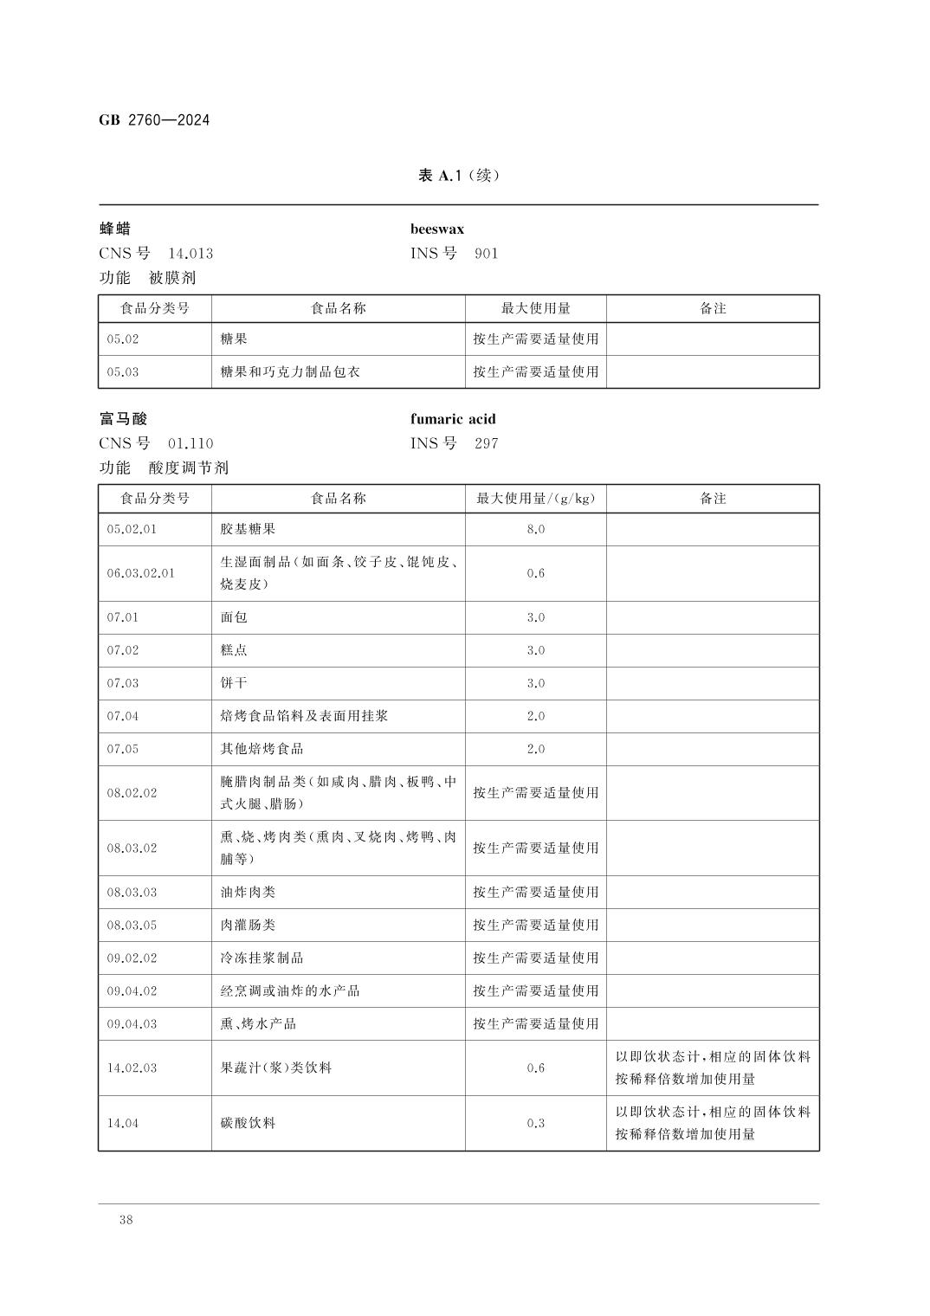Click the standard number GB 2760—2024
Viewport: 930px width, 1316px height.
(154, 120)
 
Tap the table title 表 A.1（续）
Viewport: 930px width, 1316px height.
(458, 176)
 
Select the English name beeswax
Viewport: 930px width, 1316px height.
(436, 229)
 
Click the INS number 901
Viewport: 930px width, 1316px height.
(486, 254)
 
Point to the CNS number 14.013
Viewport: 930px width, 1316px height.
(190, 254)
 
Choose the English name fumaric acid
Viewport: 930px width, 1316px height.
(453, 419)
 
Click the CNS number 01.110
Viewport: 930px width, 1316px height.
(190, 444)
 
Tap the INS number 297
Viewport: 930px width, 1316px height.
(486, 444)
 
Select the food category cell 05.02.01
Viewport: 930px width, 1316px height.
(132, 529)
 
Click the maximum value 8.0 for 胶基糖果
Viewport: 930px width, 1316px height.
(535, 529)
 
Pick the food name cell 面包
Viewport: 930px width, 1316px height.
(234, 617)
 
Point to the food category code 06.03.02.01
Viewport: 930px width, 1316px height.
(140, 573)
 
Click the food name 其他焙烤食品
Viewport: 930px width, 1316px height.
(262, 749)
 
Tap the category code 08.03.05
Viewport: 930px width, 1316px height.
(132, 926)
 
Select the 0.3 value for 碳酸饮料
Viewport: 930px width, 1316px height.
(535, 1123)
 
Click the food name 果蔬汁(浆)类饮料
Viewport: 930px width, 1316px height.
(275, 1068)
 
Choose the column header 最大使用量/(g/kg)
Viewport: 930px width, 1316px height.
(535, 499)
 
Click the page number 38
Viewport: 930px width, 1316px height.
(126, 1220)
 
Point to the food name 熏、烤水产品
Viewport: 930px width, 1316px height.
(258, 1024)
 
